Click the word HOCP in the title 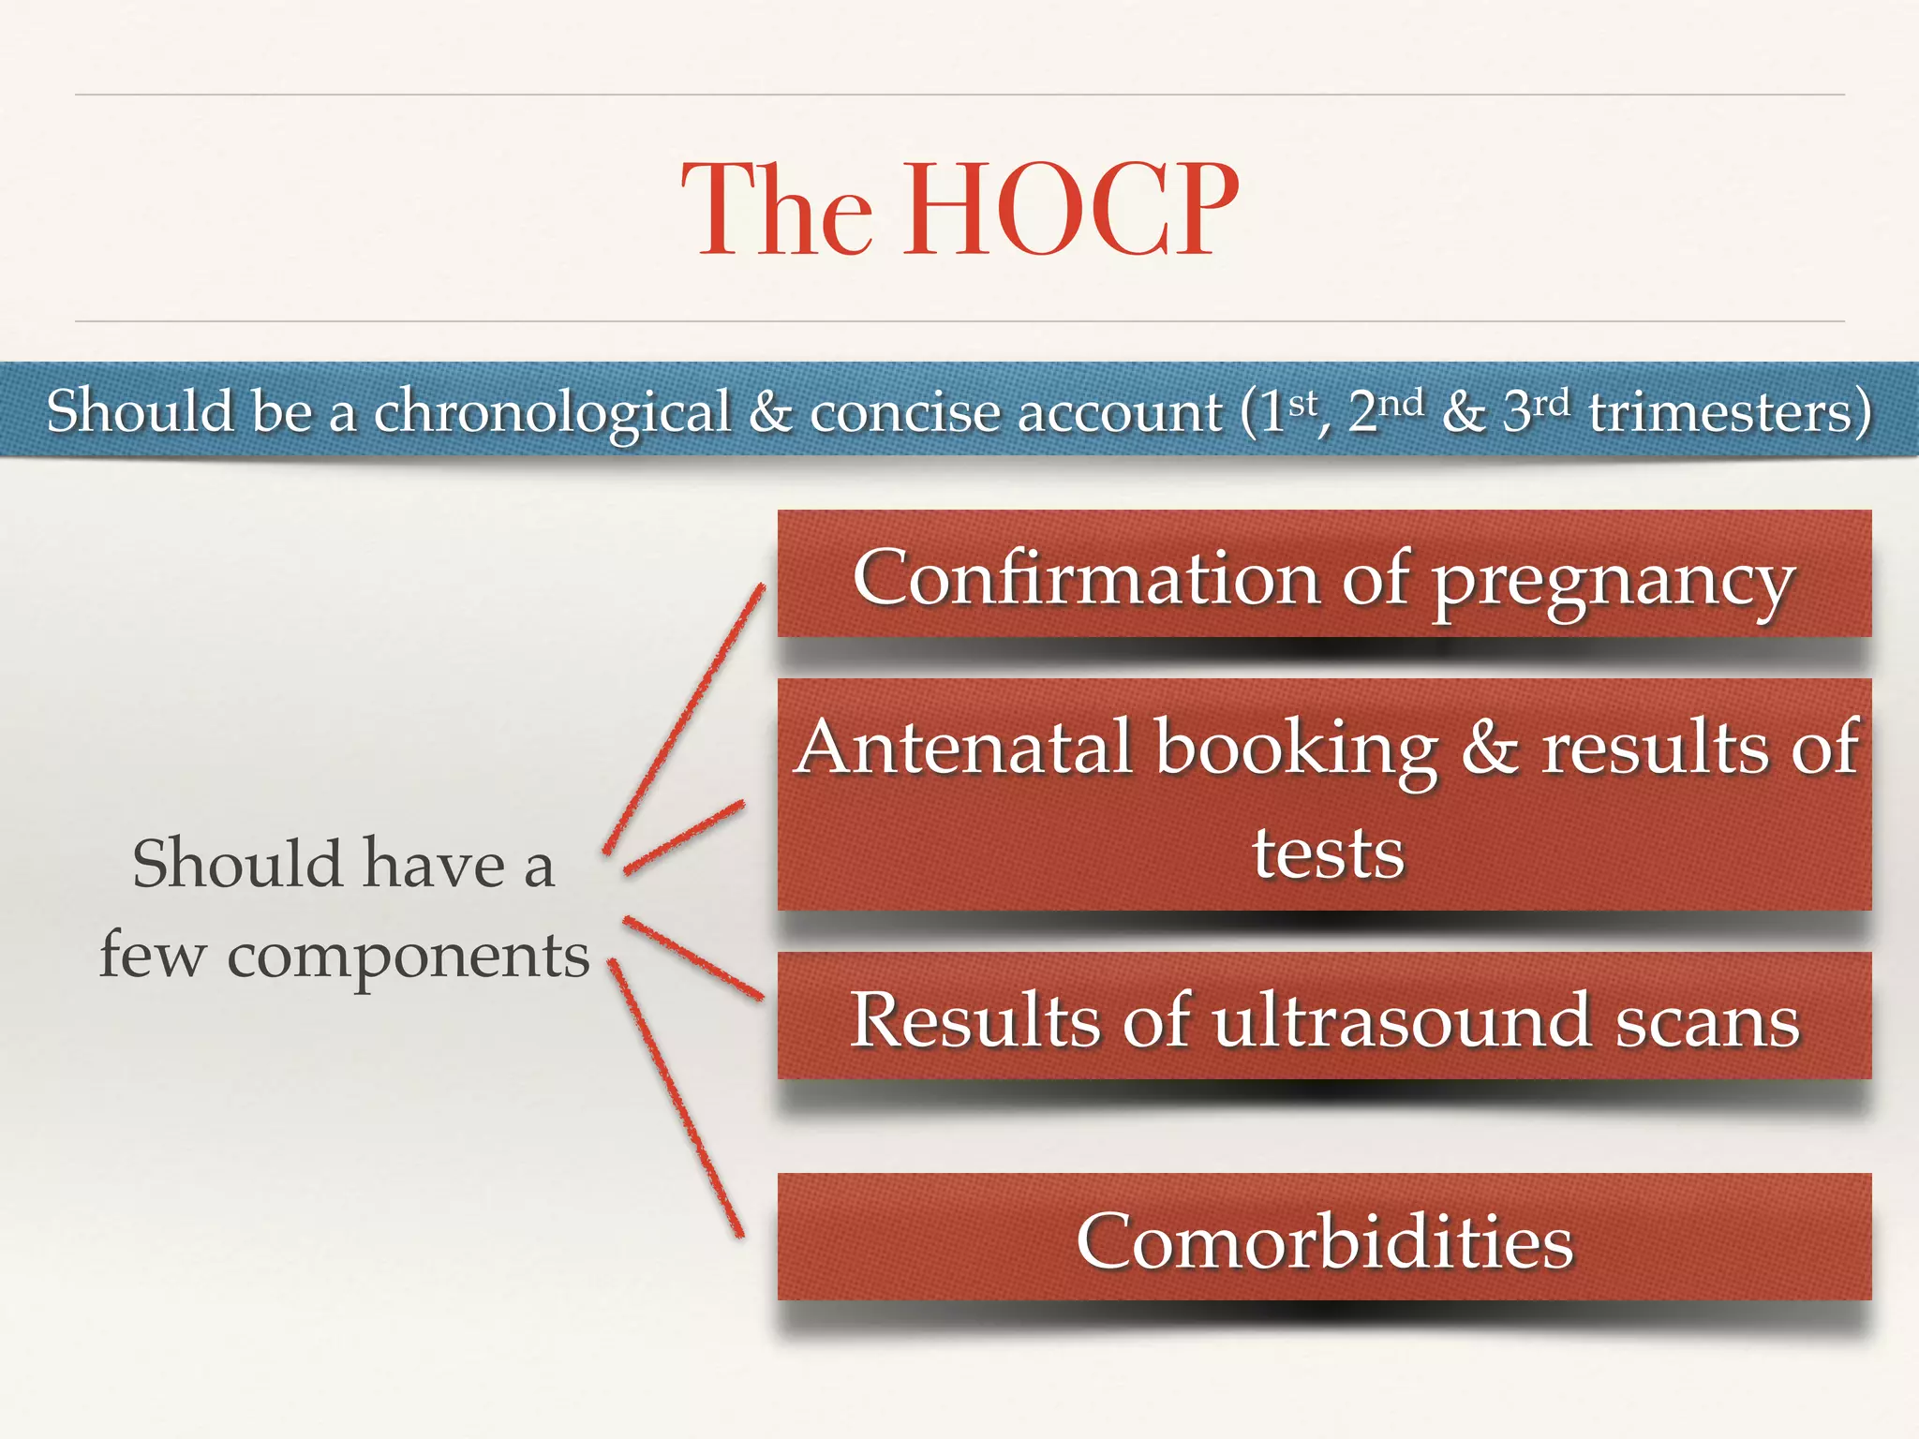tap(1069, 210)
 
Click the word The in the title tap(777, 210)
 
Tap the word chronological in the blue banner tap(552, 413)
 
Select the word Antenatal tap(964, 748)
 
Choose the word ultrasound tap(1401, 1019)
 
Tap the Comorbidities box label tap(1324, 1240)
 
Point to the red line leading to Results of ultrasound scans tap(693, 957)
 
